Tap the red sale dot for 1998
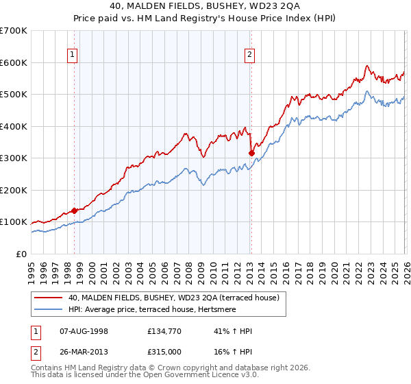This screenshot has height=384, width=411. [x=74, y=211]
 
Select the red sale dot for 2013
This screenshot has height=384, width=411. [x=251, y=153]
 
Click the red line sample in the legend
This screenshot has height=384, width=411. [x=49, y=298]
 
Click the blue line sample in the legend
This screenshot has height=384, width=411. [x=49, y=311]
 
